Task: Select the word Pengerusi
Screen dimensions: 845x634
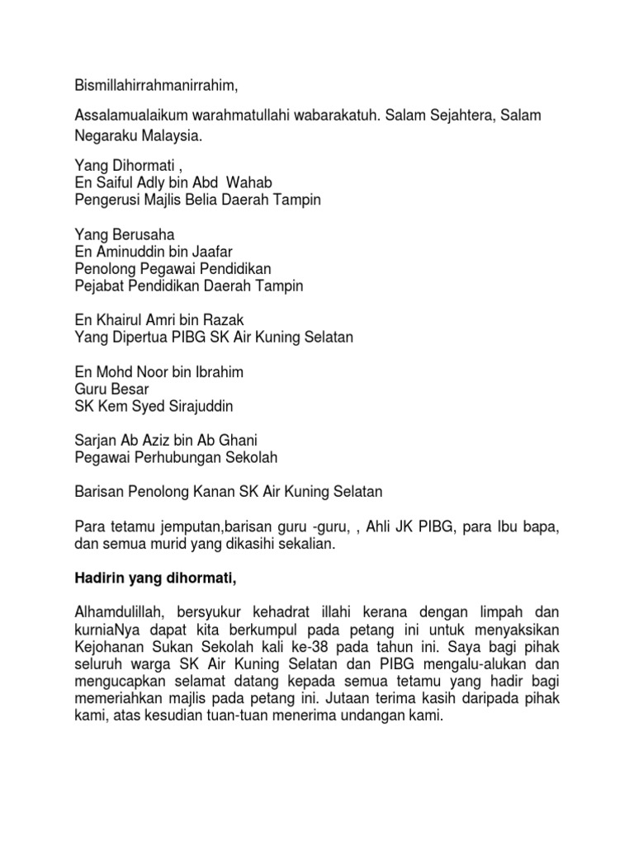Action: (106, 200)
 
